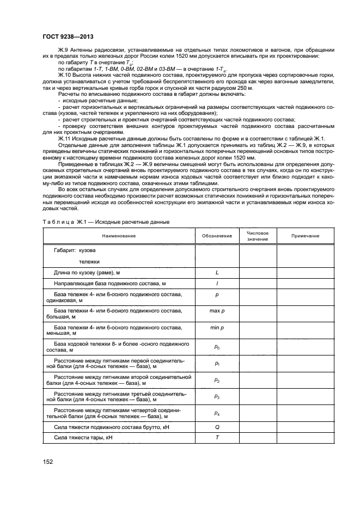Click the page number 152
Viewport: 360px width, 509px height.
[48, 462]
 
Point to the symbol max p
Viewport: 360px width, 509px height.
[216, 310]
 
